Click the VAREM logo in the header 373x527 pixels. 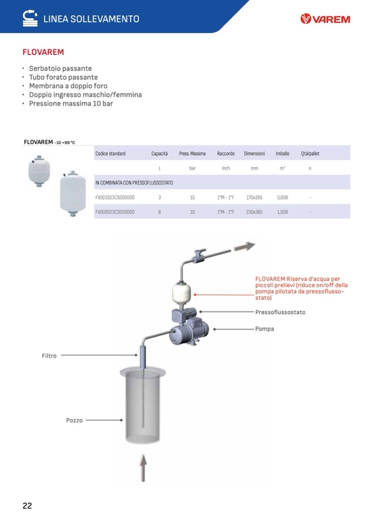tap(325, 19)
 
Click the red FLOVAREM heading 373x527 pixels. tap(43, 52)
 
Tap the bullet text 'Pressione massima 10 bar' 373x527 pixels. tap(71, 103)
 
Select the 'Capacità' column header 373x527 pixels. tap(160, 153)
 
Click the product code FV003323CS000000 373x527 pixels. tap(115, 197)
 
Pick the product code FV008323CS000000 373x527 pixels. tap(115, 212)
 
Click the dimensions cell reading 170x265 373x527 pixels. tap(254, 197)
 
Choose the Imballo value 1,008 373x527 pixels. tap(282, 212)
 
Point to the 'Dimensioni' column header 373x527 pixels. tap(255, 153)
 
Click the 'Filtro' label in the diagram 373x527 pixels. tap(49, 356)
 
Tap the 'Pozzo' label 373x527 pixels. tap(74, 420)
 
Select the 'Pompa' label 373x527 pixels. tap(264, 329)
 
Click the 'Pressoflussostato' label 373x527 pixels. tap(280, 312)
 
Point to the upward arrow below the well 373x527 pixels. tap(142, 468)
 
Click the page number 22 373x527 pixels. tap(27, 506)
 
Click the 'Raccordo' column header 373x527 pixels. tap(226, 153)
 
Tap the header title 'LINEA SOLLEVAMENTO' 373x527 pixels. tap(91, 19)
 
